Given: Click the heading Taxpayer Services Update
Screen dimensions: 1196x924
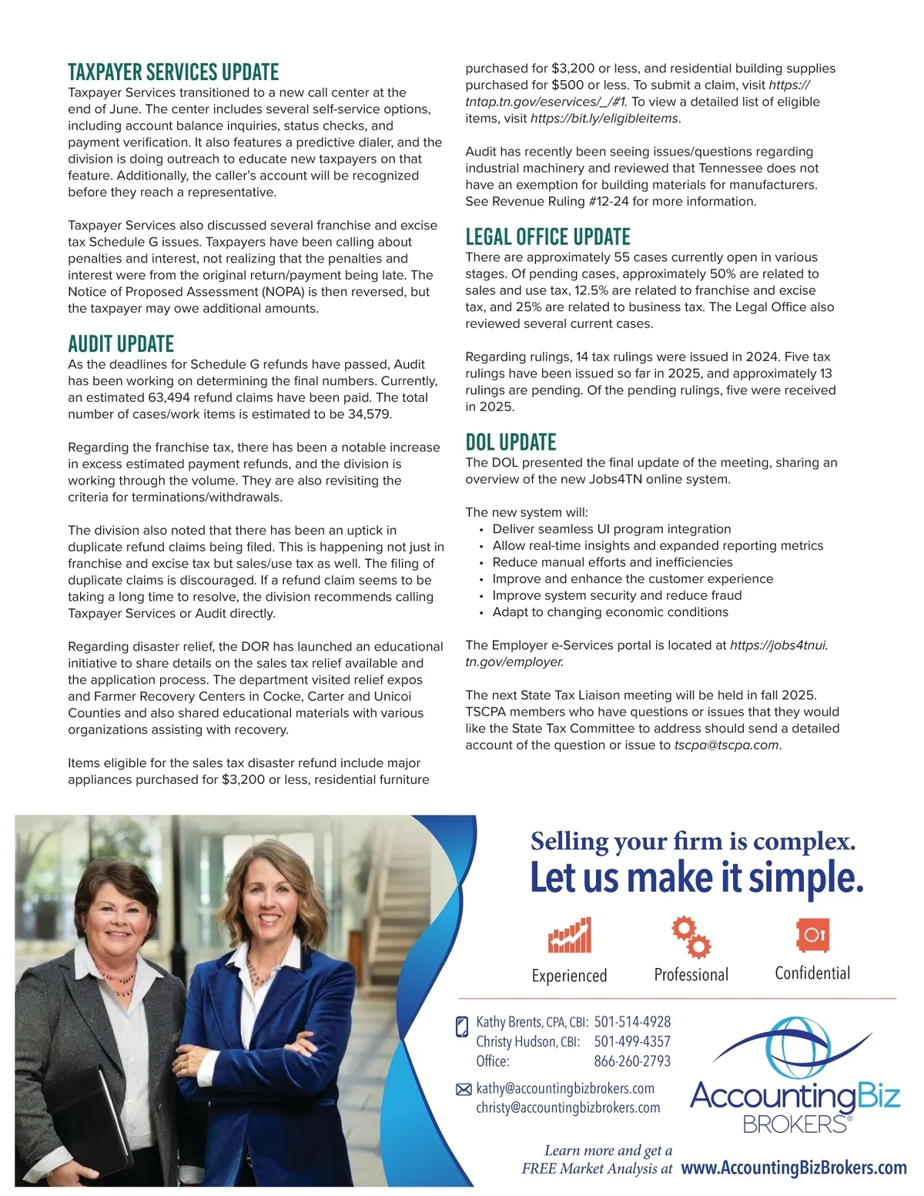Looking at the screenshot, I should click(173, 72).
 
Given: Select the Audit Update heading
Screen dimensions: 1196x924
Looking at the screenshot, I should click(121, 344).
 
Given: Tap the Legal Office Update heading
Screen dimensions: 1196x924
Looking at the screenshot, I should click(547, 237).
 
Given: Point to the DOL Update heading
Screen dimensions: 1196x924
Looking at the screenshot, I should click(511, 443).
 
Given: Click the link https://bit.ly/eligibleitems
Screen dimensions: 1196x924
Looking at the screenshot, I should click(604, 119).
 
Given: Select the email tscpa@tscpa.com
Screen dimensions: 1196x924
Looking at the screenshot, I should click(726, 745).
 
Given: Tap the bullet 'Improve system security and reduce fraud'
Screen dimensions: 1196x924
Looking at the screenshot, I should click(617, 595).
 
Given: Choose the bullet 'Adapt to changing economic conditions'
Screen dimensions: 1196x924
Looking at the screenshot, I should click(610, 612).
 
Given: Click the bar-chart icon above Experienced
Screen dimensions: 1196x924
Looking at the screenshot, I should click(570, 935).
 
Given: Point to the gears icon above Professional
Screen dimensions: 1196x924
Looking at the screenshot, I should click(691, 936).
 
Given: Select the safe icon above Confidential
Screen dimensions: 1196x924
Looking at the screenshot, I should click(812, 935).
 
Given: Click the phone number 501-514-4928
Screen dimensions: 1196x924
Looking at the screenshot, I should click(632, 1022).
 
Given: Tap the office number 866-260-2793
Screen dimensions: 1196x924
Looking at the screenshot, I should click(632, 1061).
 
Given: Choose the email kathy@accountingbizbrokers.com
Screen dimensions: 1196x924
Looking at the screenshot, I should click(565, 1088).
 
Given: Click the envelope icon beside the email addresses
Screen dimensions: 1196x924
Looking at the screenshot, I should click(464, 1089).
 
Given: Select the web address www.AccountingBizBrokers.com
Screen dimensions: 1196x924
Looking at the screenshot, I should click(794, 1168).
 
